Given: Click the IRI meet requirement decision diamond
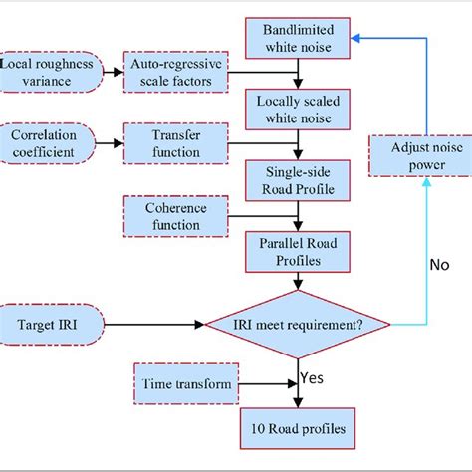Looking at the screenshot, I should [297, 324].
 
